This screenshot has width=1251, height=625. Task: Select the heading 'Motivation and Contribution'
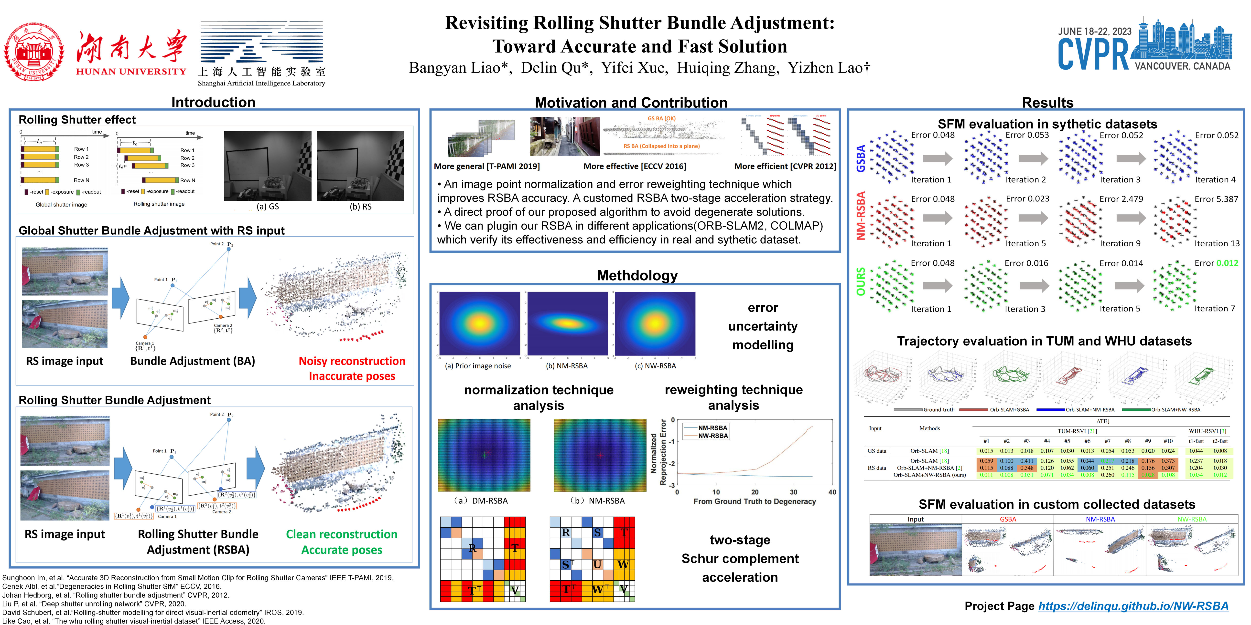pyautogui.click(x=631, y=102)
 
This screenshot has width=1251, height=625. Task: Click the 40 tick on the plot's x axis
pyautogui.click(x=832, y=492)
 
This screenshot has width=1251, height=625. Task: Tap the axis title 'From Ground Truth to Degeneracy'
pyautogui.click(x=754, y=501)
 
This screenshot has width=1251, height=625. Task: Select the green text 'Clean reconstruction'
pyautogui.click(x=341, y=534)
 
